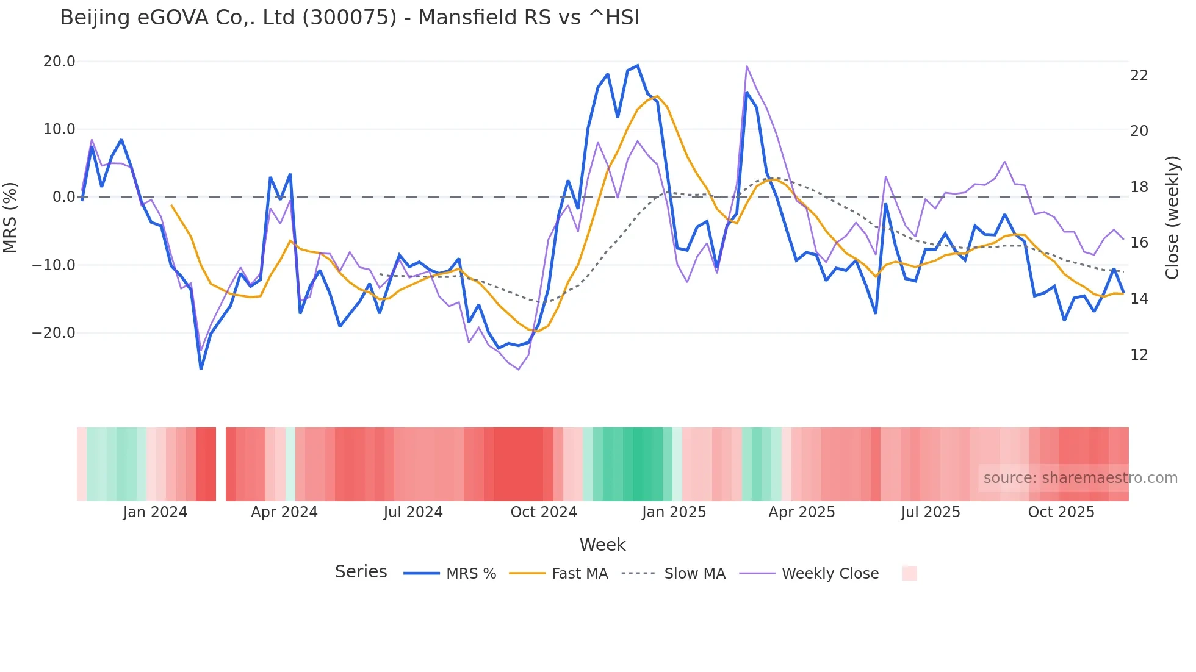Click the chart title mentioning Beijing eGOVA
pos(350,18)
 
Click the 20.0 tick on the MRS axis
pos(59,62)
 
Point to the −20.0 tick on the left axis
pos(54,333)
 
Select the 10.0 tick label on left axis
pos(59,129)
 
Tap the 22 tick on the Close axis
pos(1139,76)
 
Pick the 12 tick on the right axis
pos(1139,355)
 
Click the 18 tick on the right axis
pos(1139,187)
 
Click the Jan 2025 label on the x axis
pos(674,512)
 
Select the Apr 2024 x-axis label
pos(284,512)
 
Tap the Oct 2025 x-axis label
pos(1061,512)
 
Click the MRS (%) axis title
pos(10,217)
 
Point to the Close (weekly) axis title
pos(1172,218)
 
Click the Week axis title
pos(602,545)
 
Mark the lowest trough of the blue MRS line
pos(201,369)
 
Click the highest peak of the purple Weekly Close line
pos(747,66)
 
